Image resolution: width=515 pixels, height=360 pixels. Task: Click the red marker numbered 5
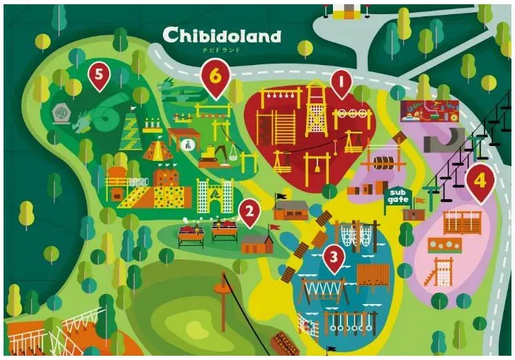pyautogui.click(x=98, y=75)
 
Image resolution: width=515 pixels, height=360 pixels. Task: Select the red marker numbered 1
pyautogui.click(x=341, y=84)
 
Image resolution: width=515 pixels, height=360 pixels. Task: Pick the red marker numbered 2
pyautogui.click(x=248, y=211)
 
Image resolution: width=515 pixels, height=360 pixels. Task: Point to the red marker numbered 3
pyautogui.click(x=333, y=257)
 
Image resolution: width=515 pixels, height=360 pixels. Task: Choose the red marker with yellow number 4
pyautogui.click(x=481, y=182)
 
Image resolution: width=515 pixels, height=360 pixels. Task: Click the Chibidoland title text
pyautogui.click(x=221, y=35)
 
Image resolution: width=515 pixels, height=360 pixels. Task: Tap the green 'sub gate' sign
pyautogui.click(x=397, y=196)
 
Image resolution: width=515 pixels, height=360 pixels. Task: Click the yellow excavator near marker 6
pyautogui.click(x=211, y=151)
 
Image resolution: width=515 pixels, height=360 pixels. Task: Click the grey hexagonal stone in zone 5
pyautogui.click(x=60, y=111)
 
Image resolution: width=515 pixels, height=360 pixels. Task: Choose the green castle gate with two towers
pyautogui.click(x=215, y=196)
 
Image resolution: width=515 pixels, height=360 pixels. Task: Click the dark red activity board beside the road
pyautogui.click(x=429, y=111)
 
